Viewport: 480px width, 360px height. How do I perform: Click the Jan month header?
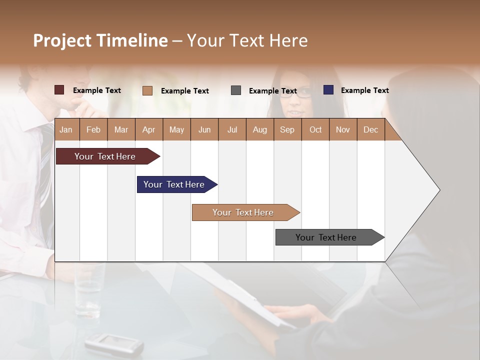tap(66, 129)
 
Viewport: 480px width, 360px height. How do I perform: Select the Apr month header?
tap(148, 129)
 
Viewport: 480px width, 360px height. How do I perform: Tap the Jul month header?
tap(232, 129)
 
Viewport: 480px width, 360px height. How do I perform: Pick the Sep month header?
tap(287, 129)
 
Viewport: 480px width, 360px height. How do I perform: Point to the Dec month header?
tap(370, 129)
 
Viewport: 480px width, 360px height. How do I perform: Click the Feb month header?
tap(93, 129)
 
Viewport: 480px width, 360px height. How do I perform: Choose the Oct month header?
tap(315, 129)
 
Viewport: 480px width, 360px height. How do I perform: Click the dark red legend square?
tap(59, 90)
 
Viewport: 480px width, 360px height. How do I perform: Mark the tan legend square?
tap(147, 90)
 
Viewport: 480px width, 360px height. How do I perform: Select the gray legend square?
tap(235, 90)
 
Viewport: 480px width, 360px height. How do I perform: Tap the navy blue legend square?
tap(328, 90)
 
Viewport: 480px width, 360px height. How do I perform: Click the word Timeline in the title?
tap(132, 40)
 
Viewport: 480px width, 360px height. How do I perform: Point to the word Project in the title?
tap(62, 40)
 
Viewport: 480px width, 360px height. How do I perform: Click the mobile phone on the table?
tap(114, 344)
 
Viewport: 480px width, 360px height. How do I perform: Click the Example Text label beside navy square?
tap(364, 90)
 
